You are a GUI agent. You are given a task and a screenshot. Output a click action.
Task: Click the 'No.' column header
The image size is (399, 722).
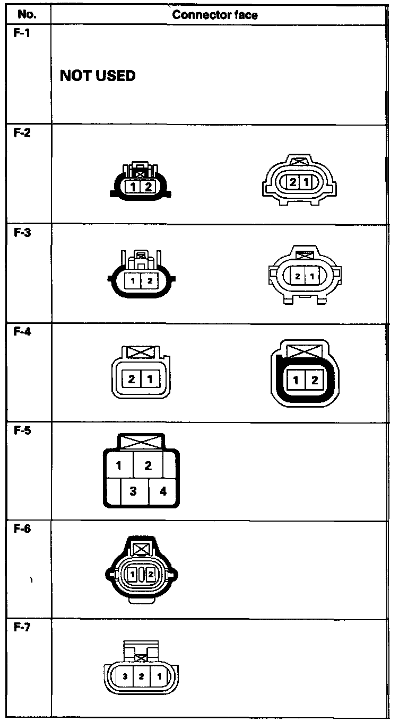pos(26,15)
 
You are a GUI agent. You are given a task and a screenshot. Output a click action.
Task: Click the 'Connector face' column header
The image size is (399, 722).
pos(215,15)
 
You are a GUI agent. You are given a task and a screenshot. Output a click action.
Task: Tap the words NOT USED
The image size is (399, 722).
pos(98,76)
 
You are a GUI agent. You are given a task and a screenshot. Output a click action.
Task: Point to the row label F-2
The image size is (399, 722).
pos(21,133)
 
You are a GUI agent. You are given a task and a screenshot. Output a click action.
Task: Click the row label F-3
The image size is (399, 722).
pos(21,232)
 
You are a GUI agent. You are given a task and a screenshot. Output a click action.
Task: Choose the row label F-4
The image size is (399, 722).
pos(21,331)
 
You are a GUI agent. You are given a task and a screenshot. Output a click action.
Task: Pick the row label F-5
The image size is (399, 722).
pos(21,430)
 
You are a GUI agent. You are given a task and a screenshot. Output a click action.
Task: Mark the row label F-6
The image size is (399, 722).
pos(21,529)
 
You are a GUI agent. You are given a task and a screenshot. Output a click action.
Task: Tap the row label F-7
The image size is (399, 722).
pos(21,628)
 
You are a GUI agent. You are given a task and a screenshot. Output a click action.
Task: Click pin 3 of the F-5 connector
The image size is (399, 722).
pos(133,491)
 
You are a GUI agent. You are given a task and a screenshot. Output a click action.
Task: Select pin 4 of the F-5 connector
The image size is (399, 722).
pos(163,491)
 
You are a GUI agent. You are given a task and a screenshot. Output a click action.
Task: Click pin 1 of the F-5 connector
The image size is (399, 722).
pos(119,466)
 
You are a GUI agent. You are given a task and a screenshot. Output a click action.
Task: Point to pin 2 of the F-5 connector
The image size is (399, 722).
pos(148,466)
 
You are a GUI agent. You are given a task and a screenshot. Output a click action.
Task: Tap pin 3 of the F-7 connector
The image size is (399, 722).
pos(125,676)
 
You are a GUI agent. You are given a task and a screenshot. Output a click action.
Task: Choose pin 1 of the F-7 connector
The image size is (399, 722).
pos(159,676)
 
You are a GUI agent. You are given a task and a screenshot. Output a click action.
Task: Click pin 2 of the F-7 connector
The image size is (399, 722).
pos(142,676)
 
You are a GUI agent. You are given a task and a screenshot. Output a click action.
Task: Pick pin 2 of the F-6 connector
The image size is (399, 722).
pos(150,574)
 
